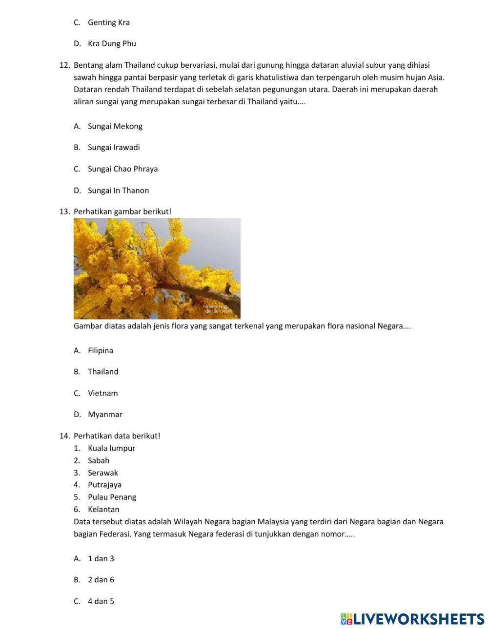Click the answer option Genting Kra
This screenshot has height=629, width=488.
click(108, 22)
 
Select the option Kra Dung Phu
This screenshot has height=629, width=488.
click(112, 44)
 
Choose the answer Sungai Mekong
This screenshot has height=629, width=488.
click(115, 127)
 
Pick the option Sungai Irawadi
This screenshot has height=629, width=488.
click(114, 148)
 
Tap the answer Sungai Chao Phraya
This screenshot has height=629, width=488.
click(122, 169)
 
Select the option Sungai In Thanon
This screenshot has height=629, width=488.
click(118, 191)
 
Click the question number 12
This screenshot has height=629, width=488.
click(65, 65)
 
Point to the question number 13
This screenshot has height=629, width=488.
click(65, 211)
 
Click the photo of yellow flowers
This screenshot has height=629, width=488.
click(157, 268)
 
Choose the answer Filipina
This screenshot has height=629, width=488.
click(100, 351)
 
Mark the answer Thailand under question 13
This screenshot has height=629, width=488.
click(103, 372)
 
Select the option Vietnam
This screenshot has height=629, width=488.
click(102, 393)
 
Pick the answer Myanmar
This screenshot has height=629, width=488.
click(105, 415)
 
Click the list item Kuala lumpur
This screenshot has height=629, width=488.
click(111, 448)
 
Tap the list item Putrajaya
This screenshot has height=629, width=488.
click(104, 485)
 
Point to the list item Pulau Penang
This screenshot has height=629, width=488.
click(112, 497)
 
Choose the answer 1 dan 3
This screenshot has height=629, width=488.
click(101, 559)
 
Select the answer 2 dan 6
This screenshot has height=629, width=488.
click(101, 580)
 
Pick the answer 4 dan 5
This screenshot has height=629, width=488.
click(101, 601)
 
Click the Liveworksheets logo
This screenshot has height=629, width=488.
click(412, 619)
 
